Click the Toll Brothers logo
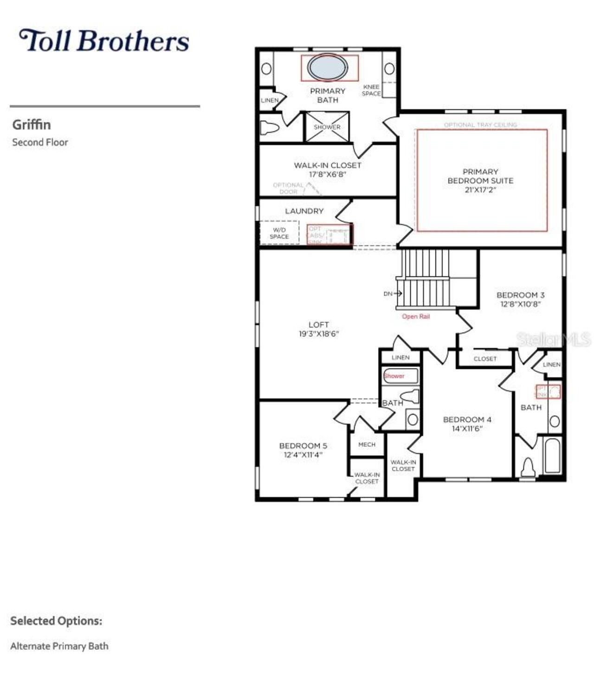[x=104, y=40]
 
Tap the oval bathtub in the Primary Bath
[x=328, y=68]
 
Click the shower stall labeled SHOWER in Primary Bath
[x=327, y=127]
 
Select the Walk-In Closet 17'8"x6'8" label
[x=327, y=170]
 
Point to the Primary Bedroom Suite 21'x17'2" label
[x=480, y=180]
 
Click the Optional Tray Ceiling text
[x=480, y=125]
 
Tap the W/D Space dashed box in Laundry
[x=279, y=233]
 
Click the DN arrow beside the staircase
[x=393, y=294]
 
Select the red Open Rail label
[x=415, y=316]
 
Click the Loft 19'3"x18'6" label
[x=318, y=329]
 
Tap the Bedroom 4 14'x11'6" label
[x=467, y=424]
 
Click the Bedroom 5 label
[x=303, y=450]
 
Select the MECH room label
[x=367, y=445]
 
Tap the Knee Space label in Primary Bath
[x=371, y=90]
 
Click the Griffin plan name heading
[x=32, y=125]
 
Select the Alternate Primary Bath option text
[x=59, y=646]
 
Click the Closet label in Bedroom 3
[x=485, y=359]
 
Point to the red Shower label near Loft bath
[x=394, y=376]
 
